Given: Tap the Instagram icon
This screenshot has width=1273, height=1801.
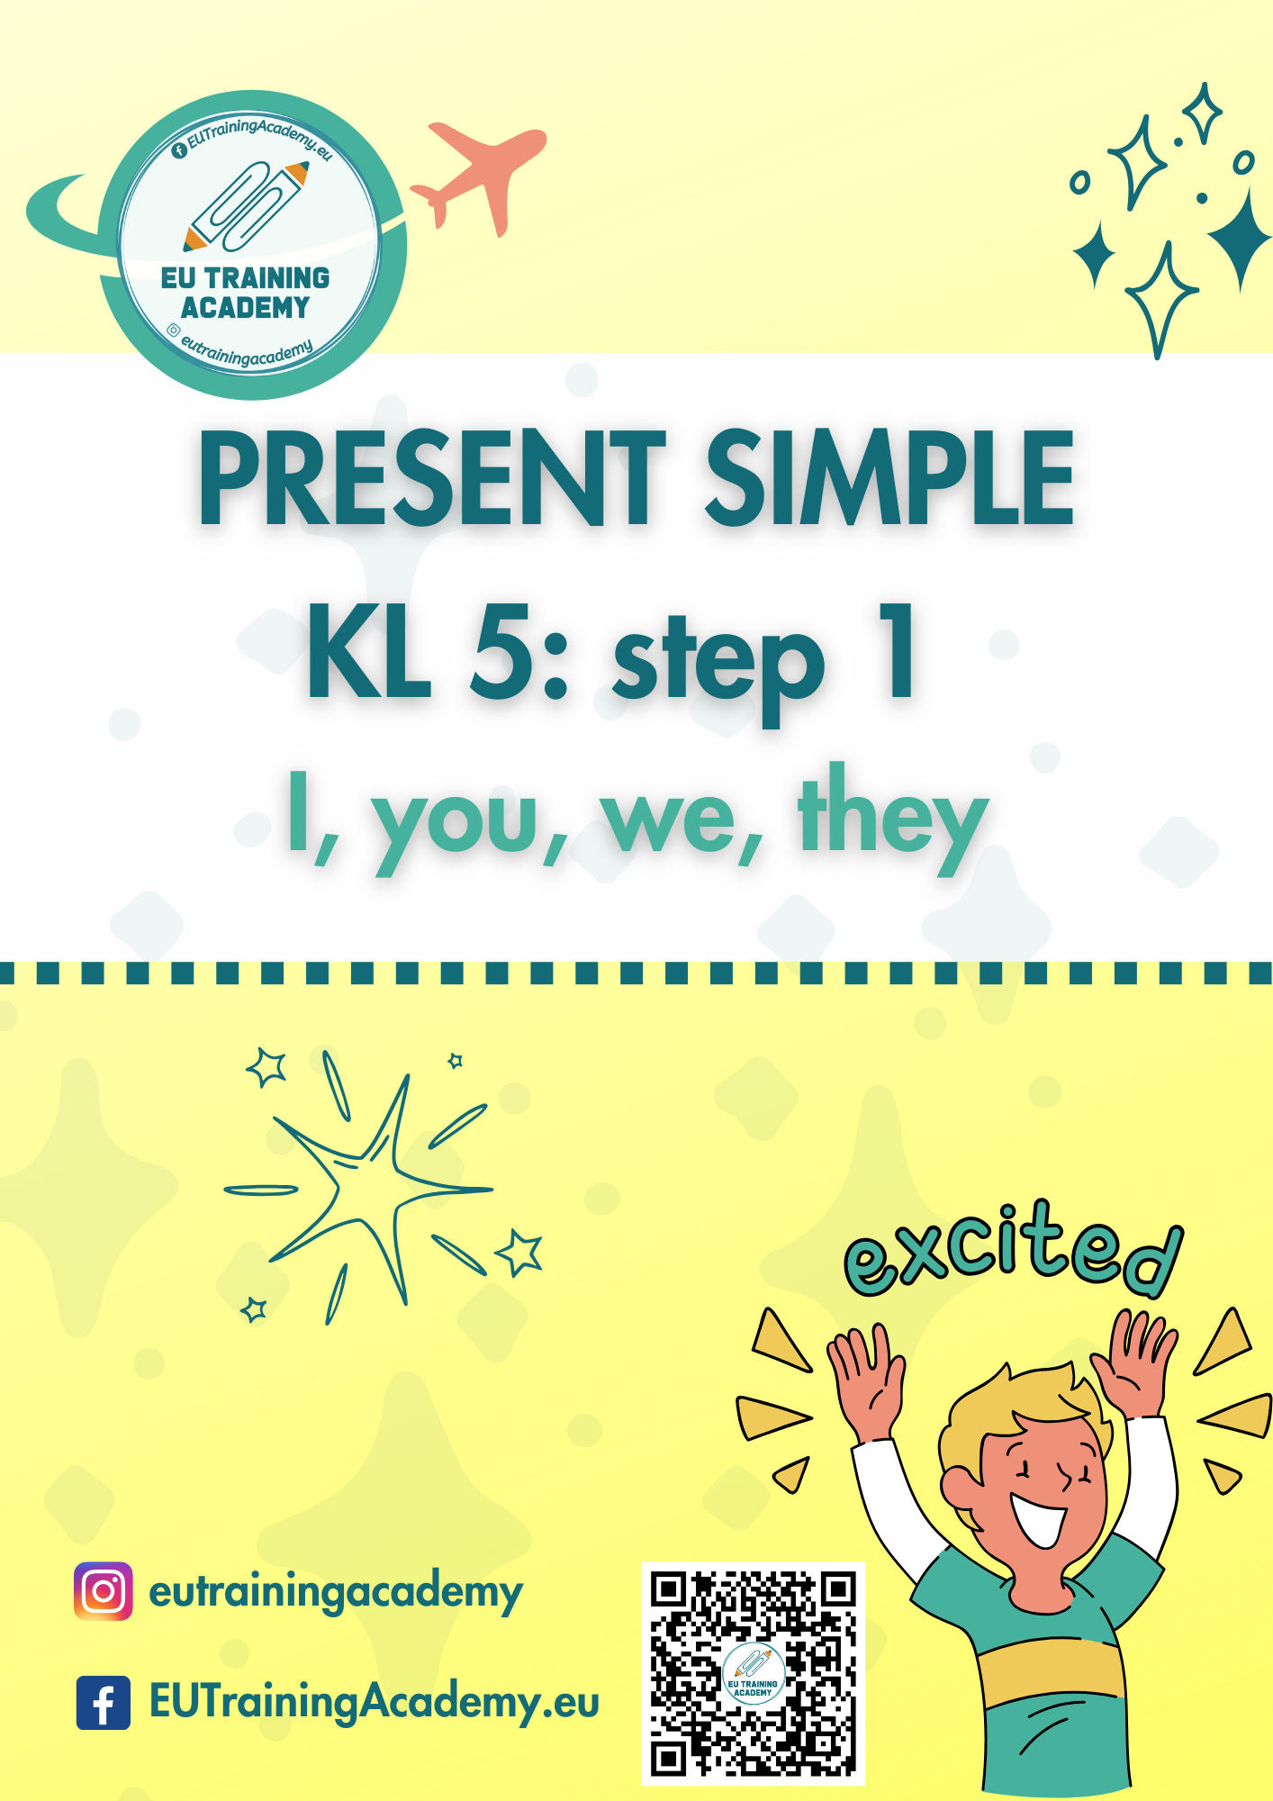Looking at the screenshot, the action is pos(104,1591).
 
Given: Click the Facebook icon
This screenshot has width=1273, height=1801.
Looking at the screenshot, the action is pos(104,1702).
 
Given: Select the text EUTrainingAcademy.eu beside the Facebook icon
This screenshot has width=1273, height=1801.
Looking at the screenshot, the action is pos(375,1703).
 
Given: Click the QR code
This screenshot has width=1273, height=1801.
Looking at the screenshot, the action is pos(753,1673).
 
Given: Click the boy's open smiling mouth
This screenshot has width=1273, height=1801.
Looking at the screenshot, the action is pos(1039,1516).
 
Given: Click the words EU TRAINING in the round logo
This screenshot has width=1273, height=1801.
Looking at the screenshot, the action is pos(246,278).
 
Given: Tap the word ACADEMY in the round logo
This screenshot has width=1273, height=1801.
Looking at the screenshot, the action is pos(245,308).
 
